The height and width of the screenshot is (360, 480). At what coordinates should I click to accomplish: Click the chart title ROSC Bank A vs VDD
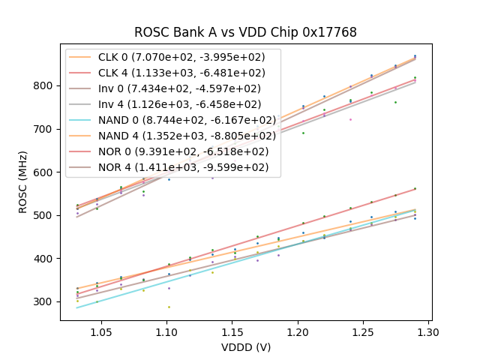[245, 32]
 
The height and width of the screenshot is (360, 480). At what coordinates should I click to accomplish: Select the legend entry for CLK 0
[181, 56]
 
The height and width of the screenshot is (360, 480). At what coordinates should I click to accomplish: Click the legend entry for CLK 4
[181, 73]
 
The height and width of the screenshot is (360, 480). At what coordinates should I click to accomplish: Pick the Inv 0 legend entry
[181, 88]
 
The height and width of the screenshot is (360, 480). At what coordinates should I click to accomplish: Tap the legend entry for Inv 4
[181, 104]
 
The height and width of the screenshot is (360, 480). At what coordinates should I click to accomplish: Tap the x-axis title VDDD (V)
[245, 347]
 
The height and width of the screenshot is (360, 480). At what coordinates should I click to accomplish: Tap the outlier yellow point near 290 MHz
[168, 307]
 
